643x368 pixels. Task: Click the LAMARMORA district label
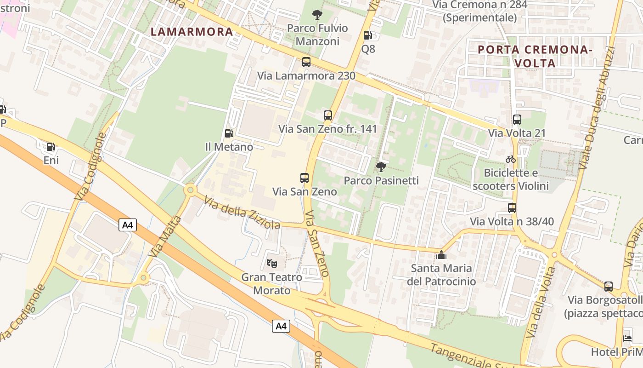click(192, 32)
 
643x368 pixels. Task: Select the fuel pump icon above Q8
click(367, 35)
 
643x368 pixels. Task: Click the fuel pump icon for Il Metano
click(229, 133)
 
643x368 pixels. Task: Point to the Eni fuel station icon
click(51, 147)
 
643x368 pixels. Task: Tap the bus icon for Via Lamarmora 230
click(306, 62)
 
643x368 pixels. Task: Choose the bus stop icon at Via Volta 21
click(517, 120)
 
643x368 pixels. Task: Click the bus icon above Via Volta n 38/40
click(512, 208)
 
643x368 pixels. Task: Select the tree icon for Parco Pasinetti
click(381, 167)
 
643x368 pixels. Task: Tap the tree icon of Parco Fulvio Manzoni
click(317, 15)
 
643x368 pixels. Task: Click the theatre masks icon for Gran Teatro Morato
click(272, 264)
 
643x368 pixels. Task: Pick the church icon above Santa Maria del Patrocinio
click(441, 254)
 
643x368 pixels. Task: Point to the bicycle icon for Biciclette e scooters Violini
click(511, 159)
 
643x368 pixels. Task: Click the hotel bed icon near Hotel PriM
click(627, 338)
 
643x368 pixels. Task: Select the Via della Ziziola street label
click(242, 213)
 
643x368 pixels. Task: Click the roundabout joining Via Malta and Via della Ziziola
click(190, 189)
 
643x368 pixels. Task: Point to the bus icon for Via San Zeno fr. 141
click(327, 115)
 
